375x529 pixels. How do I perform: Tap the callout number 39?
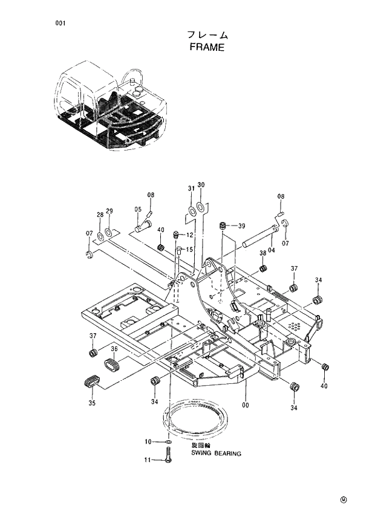[x=241, y=226]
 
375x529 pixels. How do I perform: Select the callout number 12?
[x=189, y=235]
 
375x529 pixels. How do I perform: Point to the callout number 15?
[x=189, y=250]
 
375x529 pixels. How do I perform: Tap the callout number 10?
[x=147, y=442]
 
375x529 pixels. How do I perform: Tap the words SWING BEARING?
[x=216, y=453]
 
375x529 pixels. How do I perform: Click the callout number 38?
[x=263, y=253]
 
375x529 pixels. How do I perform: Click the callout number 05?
[x=139, y=210]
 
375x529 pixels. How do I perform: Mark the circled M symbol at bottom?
[x=344, y=499]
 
